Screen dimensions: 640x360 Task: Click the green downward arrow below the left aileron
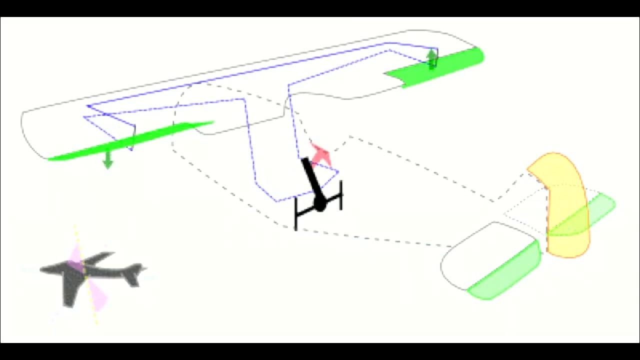point(107,160)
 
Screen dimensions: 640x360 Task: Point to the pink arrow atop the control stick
point(320,154)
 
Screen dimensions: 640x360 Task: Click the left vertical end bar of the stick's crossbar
point(296,213)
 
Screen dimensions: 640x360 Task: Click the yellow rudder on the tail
point(562,200)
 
